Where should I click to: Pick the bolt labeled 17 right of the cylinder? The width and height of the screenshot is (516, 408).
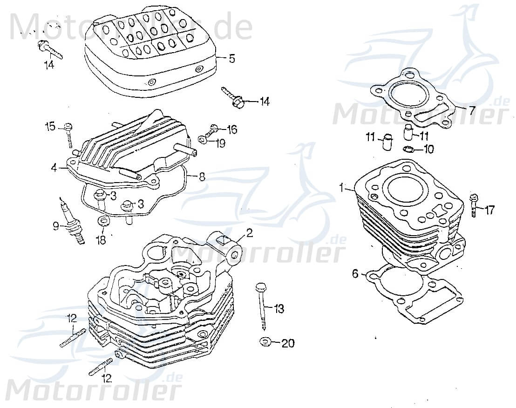click(474, 205)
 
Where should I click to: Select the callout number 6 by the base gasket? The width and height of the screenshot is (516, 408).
click(355, 274)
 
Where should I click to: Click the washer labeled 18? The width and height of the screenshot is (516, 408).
click(103, 220)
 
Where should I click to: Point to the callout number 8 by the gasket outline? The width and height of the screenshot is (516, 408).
click(202, 177)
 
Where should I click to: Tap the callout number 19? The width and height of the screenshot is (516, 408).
click(220, 143)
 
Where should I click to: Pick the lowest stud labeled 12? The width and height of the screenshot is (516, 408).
click(101, 366)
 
